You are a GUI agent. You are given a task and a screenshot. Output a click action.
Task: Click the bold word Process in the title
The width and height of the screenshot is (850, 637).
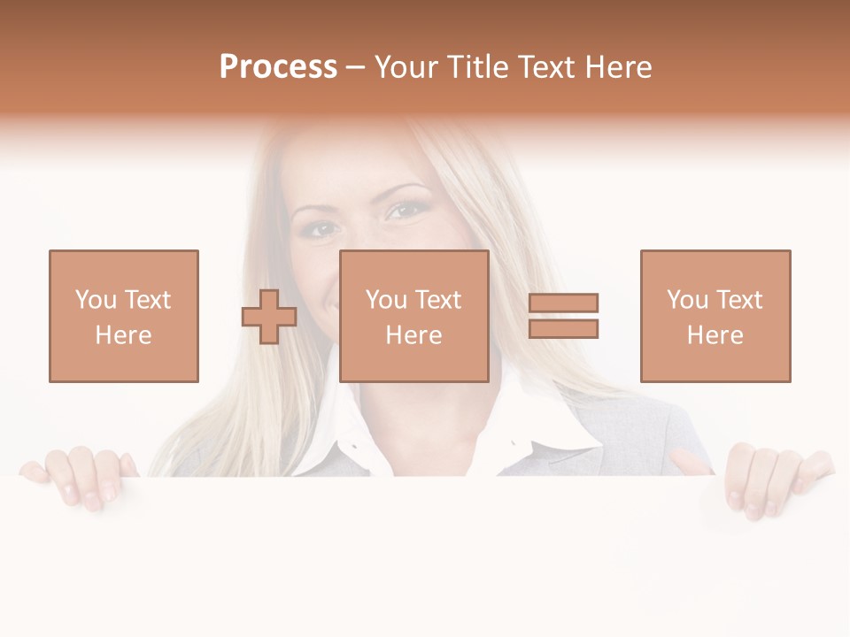(x=278, y=67)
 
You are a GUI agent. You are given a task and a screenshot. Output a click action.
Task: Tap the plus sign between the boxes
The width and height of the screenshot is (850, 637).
(x=269, y=316)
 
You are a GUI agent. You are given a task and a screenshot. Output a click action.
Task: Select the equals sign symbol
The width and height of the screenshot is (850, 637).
(x=563, y=316)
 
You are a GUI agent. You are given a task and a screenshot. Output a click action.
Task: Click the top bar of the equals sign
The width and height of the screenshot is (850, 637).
(x=563, y=303)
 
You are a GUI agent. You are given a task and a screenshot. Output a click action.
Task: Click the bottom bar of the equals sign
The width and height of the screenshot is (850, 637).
(x=563, y=329)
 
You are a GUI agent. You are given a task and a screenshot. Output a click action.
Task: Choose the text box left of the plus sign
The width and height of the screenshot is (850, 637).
(x=124, y=316)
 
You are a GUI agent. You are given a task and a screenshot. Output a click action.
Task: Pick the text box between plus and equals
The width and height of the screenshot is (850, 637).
(x=413, y=316)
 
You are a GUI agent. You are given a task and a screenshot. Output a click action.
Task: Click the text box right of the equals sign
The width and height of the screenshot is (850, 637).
(x=715, y=316)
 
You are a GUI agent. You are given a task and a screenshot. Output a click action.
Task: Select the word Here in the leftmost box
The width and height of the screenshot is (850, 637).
(x=124, y=335)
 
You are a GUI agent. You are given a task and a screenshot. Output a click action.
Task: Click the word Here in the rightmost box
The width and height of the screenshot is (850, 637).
(x=715, y=335)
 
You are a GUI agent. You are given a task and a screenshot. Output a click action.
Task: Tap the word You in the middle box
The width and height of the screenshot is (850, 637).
(x=386, y=300)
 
